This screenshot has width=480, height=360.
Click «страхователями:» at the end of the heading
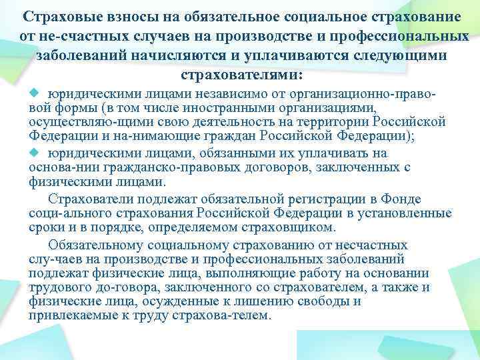(x=241, y=74)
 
